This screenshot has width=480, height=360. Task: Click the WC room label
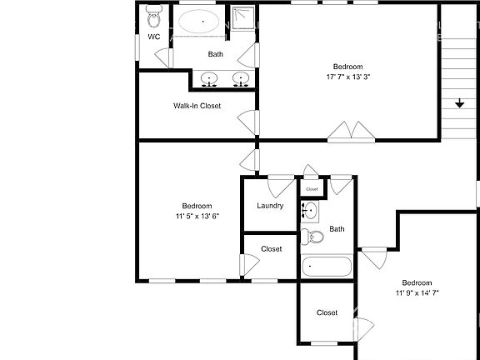154,37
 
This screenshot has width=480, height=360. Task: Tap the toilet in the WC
154,16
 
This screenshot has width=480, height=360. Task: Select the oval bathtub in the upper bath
200,20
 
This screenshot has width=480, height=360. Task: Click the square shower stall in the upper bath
242,17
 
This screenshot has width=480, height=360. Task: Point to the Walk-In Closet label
197,106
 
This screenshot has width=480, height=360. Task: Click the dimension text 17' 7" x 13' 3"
348,77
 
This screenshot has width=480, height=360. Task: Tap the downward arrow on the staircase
459,103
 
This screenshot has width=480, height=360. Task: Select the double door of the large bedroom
348,130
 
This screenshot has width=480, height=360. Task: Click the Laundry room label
270,206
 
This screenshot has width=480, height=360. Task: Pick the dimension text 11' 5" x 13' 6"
197,217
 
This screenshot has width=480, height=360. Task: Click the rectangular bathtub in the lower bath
327,267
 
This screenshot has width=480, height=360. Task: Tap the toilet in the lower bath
314,237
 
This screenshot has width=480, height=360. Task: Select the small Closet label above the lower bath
312,189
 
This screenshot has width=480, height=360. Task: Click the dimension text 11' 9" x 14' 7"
417,293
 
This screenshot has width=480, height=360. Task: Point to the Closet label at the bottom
327,312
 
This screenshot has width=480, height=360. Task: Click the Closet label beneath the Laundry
271,249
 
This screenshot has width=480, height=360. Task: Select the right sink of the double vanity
242,79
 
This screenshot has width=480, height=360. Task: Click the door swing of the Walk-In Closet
245,121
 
